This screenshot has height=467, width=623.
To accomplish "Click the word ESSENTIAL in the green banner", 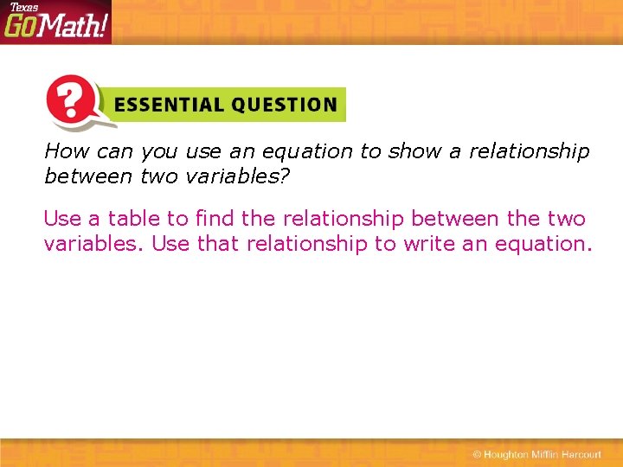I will pyautogui.click(x=164, y=106).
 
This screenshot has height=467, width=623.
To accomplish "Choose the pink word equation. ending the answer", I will pyautogui.click(x=543, y=245).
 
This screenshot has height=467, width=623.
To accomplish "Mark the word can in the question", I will pyautogui.click(x=115, y=152).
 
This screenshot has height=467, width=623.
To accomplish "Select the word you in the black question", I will pyautogui.click(x=159, y=152).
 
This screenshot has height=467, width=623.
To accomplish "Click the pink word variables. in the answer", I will pyautogui.click(x=93, y=244).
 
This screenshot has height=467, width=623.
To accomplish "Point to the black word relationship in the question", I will pyautogui.click(x=529, y=151).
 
